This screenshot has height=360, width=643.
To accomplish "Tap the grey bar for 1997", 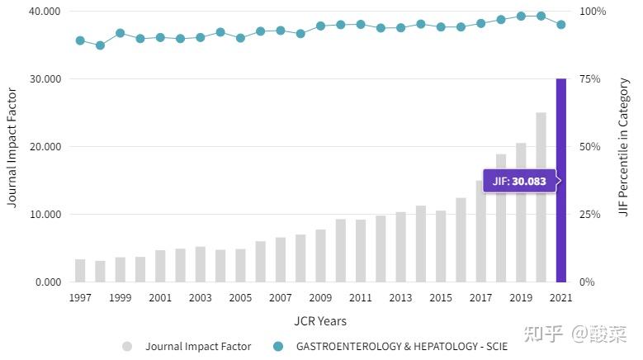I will tap(80, 271).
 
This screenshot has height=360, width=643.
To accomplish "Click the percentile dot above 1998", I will tap(100, 45).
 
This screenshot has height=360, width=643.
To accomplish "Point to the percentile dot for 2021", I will tap(561, 25).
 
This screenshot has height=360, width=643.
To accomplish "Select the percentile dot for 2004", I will tap(220, 32).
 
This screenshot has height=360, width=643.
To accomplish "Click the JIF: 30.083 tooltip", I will tap(519, 181).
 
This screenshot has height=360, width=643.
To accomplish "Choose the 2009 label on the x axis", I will tap(320, 298).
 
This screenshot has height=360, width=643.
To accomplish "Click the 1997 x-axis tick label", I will tap(80, 298).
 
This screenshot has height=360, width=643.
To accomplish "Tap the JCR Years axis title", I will tap(320, 320).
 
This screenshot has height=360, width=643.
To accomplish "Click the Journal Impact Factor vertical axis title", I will tap(12, 147).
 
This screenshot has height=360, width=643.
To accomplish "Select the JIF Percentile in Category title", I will tap(624, 147).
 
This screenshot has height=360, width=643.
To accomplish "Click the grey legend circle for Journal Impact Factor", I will tap(127, 347).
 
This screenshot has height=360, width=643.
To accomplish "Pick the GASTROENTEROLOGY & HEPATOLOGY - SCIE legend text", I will tap(402, 347).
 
